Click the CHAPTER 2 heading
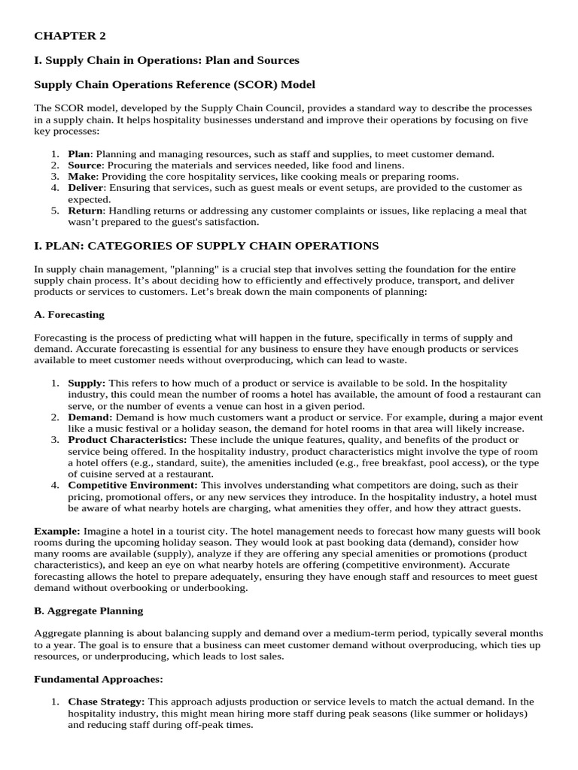click(x=65, y=35)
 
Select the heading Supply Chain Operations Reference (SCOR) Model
click(x=175, y=84)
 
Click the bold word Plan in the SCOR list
click(x=78, y=154)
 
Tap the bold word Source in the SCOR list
click(x=84, y=165)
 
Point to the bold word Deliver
click(x=85, y=187)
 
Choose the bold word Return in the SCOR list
click(x=84, y=211)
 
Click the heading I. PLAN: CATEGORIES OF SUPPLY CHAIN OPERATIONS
click(x=206, y=246)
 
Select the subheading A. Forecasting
click(x=69, y=314)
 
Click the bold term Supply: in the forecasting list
click(x=87, y=383)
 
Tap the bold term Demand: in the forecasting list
click(x=90, y=417)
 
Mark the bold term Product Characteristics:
click(x=128, y=439)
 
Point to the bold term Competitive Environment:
click(x=133, y=485)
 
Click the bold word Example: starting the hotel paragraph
click(x=57, y=531)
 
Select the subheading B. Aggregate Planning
click(x=89, y=611)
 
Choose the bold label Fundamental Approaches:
click(x=99, y=679)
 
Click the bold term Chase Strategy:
click(x=106, y=702)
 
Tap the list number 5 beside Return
click(x=55, y=211)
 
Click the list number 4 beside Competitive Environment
click(x=55, y=485)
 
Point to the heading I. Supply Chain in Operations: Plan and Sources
click(x=166, y=60)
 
